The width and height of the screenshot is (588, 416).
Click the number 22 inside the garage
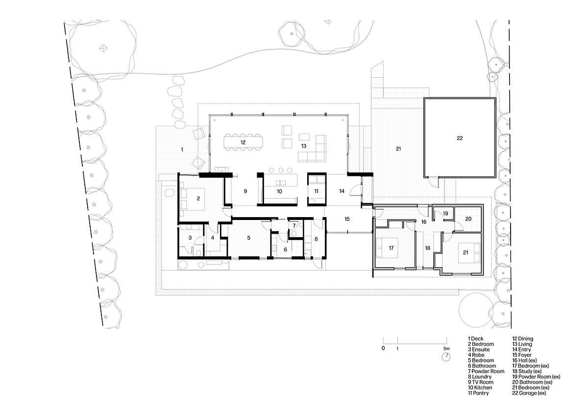click(460, 138)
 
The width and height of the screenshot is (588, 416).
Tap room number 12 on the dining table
click(243, 143)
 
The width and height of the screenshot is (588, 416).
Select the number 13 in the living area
click(304, 146)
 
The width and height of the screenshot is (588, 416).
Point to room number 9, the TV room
click(245, 191)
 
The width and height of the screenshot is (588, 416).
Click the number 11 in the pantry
click(317, 191)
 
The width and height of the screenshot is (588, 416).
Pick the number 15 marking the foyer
click(347, 219)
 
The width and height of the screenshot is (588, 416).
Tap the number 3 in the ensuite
click(190, 238)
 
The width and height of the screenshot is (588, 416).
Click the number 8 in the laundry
click(316, 239)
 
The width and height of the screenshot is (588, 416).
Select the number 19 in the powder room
click(445, 213)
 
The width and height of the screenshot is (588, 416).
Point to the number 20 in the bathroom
click(468, 219)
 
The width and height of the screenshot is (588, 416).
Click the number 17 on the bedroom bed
click(391, 248)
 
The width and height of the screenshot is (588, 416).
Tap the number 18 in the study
click(428, 248)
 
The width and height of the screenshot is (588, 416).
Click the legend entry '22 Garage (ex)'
click(529, 393)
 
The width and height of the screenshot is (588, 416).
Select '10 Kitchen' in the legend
click(480, 388)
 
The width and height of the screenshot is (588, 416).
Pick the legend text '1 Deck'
click(475, 339)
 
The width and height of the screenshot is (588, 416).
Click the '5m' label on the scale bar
click(446, 348)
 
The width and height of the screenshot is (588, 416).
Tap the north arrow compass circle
click(446, 357)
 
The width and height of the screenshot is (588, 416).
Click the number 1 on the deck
click(182, 150)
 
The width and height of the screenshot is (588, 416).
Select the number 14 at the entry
click(342, 191)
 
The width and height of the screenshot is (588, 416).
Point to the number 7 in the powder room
click(294, 225)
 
